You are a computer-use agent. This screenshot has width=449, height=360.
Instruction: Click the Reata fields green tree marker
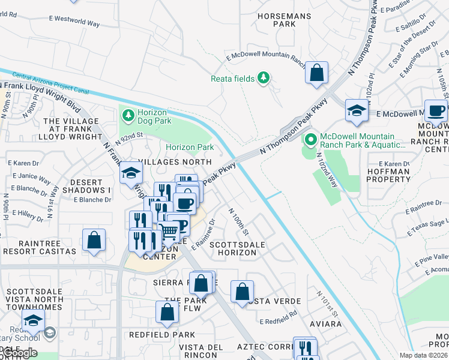tap(262, 78)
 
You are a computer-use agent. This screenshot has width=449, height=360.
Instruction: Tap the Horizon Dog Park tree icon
tap(127, 113)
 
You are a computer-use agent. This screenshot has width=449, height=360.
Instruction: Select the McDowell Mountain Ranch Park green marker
tap(310, 140)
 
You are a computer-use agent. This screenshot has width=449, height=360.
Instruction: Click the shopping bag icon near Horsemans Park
tap(316, 74)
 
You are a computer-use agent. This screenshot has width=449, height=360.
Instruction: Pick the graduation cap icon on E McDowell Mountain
tap(357, 111)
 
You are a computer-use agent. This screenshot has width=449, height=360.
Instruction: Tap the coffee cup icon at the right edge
tap(436, 111)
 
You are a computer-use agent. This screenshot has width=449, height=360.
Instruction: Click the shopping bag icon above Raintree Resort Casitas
tap(94, 241)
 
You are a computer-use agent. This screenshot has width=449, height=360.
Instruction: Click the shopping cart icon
tap(169, 230)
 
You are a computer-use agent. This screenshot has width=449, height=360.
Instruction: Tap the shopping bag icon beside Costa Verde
tap(242, 292)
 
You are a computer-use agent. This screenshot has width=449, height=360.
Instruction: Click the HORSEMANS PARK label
tap(276, 20)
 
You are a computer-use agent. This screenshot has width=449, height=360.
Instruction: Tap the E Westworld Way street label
tap(76, 22)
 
